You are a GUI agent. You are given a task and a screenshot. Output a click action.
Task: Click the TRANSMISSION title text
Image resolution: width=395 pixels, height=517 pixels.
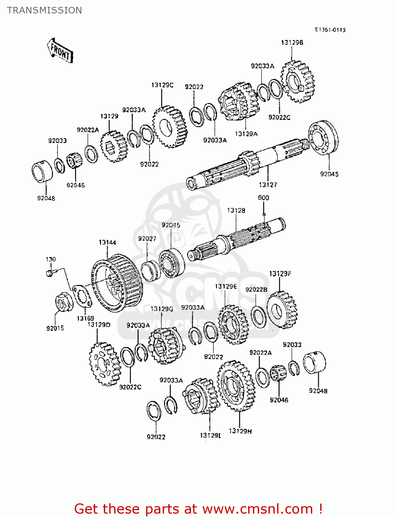[44, 10]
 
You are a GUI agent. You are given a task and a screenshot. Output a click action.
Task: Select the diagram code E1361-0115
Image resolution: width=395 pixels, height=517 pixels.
[330, 30]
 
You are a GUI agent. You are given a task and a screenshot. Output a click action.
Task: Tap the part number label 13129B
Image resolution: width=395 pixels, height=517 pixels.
[292, 42]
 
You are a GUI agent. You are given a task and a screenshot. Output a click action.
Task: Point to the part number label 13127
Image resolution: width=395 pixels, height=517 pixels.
[268, 185]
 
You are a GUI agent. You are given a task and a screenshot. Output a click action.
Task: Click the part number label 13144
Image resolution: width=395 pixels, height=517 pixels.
[107, 242]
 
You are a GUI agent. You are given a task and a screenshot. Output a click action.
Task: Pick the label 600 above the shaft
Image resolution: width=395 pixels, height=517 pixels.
[263, 198]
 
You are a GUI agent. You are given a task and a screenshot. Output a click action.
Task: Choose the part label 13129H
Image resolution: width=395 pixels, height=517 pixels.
[240, 431]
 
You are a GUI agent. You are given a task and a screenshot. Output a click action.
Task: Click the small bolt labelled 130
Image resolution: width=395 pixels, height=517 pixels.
[49, 273]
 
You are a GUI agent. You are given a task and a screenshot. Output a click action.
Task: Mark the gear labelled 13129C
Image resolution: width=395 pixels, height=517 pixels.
[170, 127]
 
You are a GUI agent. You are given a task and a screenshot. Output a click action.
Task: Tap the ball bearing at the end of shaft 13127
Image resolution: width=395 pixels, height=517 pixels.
[323, 138]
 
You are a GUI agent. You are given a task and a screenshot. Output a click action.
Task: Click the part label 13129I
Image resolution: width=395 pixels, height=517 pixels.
[210, 435]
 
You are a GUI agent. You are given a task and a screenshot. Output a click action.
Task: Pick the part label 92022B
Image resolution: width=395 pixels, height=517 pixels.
[256, 290]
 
